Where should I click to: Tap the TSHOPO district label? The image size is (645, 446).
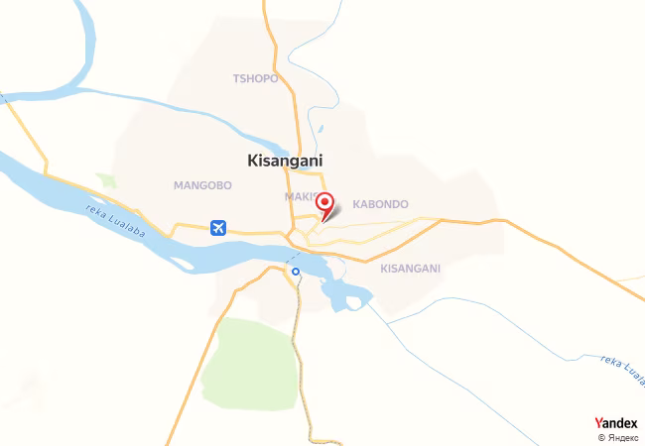[x=255, y=78]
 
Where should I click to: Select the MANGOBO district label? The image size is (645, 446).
[x=201, y=185]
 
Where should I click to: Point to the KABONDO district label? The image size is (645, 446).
[x=380, y=204]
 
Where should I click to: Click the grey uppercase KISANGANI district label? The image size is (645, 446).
[x=410, y=268]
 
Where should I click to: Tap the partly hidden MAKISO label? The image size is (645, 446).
[x=300, y=197]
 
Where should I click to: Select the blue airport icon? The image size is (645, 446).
[x=219, y=228]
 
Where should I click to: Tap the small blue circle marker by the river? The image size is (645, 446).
[x=295, y=271]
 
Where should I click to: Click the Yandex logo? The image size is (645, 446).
[x=616, y=422]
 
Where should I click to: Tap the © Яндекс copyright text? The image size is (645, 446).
[x=617, y=436]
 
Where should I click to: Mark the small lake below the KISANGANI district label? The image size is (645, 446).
[x=344, y=293]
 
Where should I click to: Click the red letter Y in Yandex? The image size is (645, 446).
[x=597, y=422]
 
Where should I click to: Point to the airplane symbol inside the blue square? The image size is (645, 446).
[x=219, y=228]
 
